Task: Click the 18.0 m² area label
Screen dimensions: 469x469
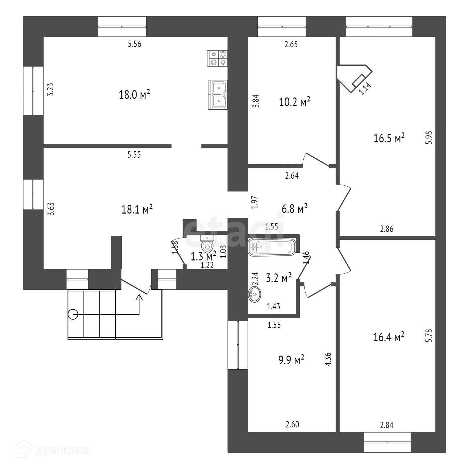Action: click(134, 95)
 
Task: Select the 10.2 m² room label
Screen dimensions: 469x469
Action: click(295, 102)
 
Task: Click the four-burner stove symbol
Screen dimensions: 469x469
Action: click(217, 58)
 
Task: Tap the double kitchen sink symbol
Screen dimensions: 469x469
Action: click(218, 94)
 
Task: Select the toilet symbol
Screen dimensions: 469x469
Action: click(208, 243)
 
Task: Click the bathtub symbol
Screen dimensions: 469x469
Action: click(271, 247)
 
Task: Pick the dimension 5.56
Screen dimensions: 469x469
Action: click(135, 44)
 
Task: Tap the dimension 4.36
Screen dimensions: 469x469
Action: click(328, 360)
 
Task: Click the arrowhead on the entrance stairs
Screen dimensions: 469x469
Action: click(139, 297)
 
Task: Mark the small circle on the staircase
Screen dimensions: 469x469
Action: click(73, 314)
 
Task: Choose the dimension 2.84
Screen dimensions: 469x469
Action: click(387, 425)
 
